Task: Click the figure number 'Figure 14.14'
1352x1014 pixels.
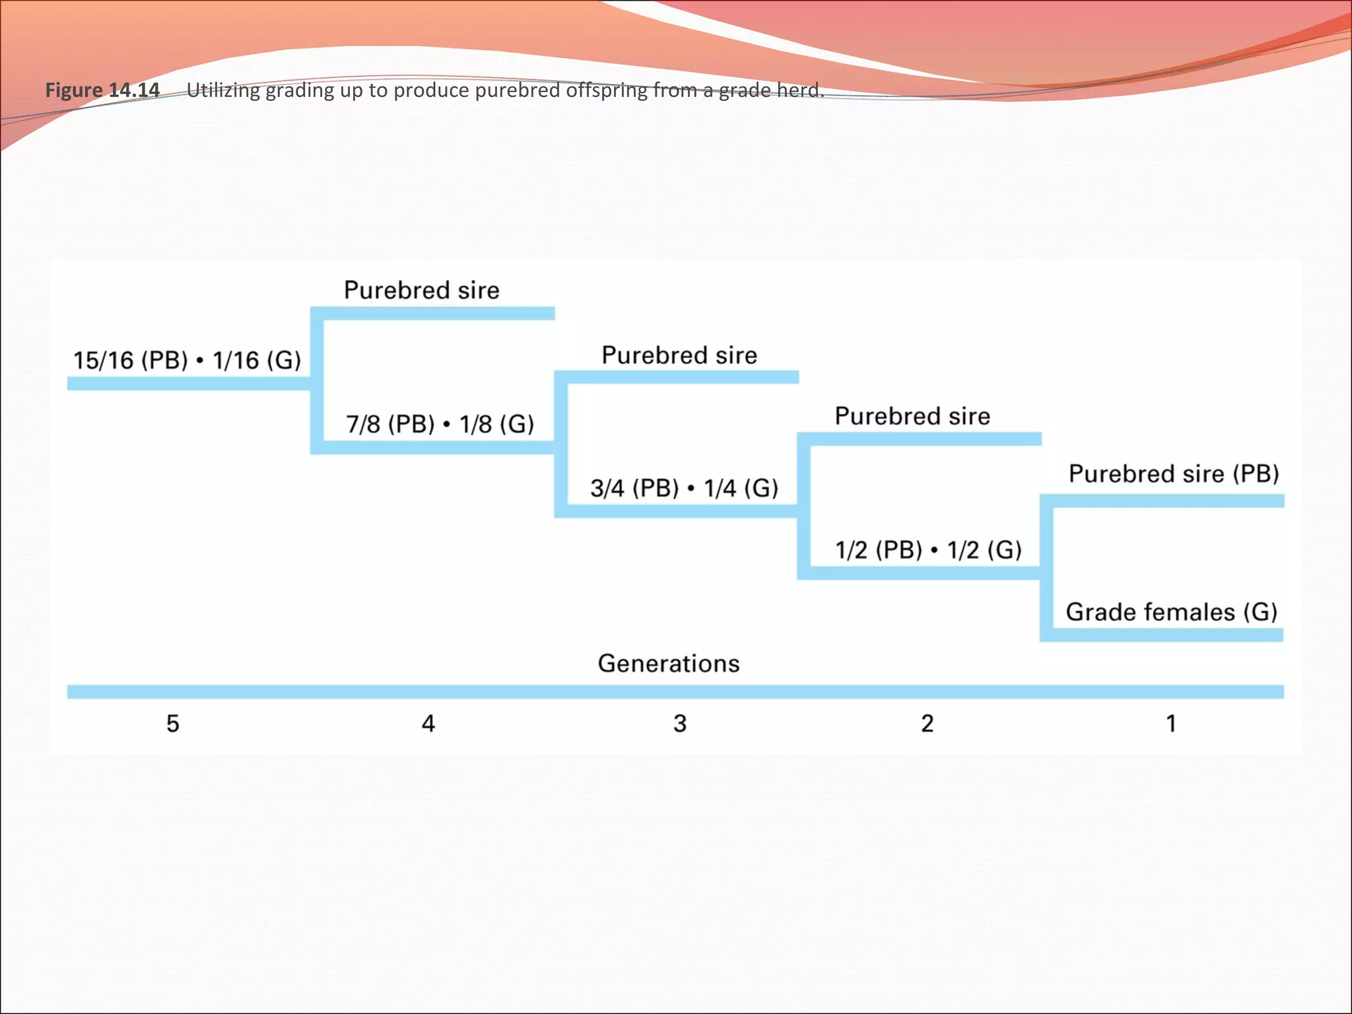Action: (102, 90)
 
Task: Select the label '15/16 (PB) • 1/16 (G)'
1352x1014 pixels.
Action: (187, 360)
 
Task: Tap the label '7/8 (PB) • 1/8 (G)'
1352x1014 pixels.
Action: (440, 424)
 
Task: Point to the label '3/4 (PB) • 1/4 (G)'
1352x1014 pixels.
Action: (684, 488)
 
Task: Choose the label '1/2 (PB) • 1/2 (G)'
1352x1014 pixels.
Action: (928, 549)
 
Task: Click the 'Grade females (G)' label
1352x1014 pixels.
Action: (1171, 612)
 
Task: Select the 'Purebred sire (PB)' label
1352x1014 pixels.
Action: (1174, 473)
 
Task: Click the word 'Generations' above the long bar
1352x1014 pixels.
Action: (669, 663)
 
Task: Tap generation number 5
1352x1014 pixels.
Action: (172, 724)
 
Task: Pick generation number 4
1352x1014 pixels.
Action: (428, 724)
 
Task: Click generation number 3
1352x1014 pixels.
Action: (680, 724)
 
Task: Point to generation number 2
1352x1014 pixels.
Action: (928, 724)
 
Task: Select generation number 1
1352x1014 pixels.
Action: (1171, 724)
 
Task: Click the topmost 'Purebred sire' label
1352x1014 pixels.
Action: (421, 290)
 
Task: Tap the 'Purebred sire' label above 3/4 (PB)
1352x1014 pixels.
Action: (679, 355)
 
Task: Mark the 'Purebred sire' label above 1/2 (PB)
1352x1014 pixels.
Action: (912, 416)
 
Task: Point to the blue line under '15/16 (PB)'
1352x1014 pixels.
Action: (188, 384)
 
